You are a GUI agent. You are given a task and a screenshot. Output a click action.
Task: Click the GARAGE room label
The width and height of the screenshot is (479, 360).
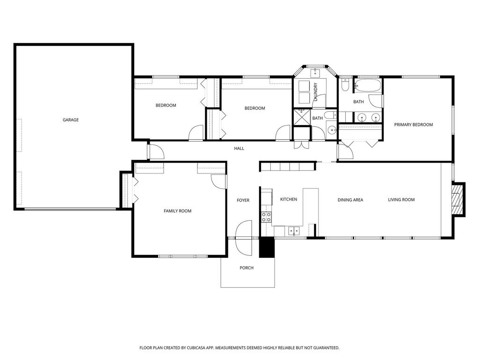click(71, 120)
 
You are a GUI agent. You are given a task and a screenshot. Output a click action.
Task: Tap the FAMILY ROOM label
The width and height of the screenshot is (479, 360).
click(177, 211)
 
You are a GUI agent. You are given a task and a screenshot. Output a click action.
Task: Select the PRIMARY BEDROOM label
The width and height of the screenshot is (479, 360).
click(413, 125)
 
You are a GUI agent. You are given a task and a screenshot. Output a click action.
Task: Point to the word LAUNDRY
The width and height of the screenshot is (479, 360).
click(316, 92)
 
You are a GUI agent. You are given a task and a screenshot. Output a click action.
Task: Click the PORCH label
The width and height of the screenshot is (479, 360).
click(247, 268)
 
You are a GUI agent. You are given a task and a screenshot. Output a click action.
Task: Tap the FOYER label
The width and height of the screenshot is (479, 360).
click(243, 200)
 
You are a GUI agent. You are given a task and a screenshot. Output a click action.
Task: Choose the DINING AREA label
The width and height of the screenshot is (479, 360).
click(350, 200)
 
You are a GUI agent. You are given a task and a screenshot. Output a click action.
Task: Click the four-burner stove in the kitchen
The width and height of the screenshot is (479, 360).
click(266, 217)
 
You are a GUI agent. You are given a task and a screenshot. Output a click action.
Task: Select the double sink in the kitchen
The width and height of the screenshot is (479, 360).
click(294, 230)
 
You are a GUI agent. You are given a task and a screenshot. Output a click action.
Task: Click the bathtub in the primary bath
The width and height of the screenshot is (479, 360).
click(368, 86)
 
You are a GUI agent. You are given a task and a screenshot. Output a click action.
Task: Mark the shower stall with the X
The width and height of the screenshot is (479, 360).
click(302, 117)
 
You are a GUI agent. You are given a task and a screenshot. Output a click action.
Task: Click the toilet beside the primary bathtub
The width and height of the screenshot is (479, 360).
click(345, 85)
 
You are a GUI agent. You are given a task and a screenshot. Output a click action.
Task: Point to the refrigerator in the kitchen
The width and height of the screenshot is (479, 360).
click(266, 197)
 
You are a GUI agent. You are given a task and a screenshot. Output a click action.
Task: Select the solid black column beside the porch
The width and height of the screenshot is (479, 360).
click(266, 247)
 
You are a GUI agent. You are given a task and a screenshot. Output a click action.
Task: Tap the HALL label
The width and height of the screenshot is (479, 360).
click(239, 149)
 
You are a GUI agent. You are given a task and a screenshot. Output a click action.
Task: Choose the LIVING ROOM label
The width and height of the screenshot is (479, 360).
click(401, 200)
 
